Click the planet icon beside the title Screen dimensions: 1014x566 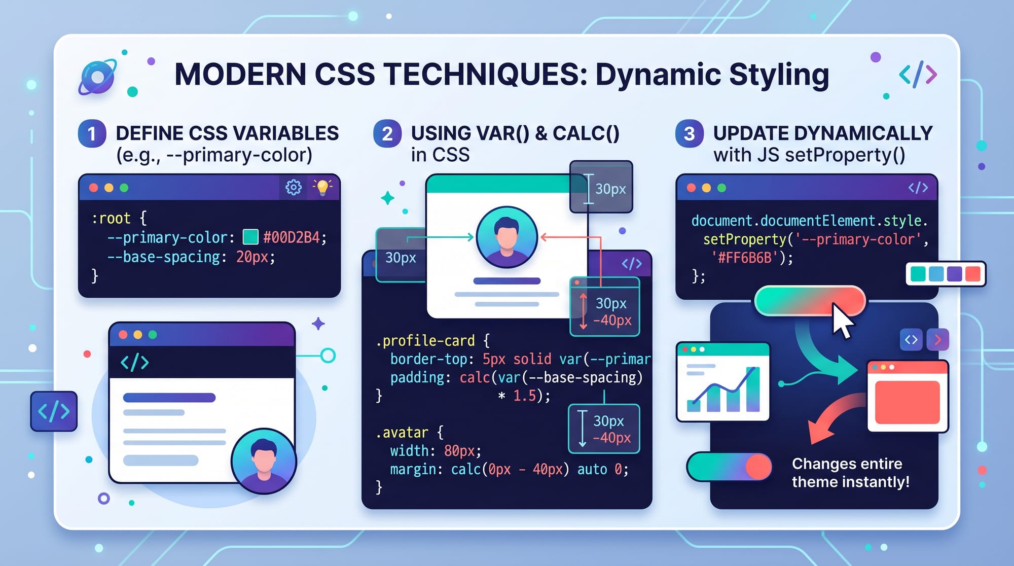coord(97,77)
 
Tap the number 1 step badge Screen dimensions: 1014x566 coord(92,134)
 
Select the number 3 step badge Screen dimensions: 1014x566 coord(689,134)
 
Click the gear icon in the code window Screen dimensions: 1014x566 coord(294,188)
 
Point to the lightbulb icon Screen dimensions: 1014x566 coord(322,187)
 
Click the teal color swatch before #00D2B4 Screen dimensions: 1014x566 coord(250,237)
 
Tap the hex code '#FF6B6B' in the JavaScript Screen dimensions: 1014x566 coord(745,258)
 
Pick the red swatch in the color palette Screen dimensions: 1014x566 coord(972,274)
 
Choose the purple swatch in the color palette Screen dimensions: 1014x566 coord(954,274)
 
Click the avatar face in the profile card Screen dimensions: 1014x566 coord(506,237)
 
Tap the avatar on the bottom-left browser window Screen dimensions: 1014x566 coord(264,461)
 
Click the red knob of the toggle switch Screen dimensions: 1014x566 coord(758,467)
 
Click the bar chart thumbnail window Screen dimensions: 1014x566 coord(723,382)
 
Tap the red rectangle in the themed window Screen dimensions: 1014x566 coord(907,402)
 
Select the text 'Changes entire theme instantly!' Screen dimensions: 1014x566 coord(851,473)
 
